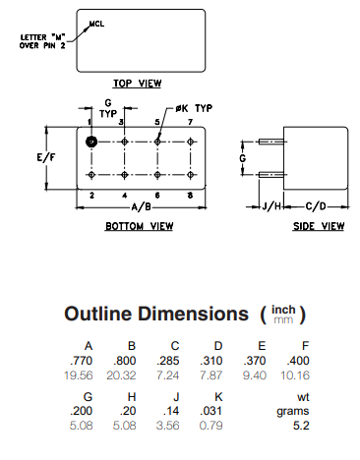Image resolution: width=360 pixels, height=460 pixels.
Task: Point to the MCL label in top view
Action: (x=96, y=22)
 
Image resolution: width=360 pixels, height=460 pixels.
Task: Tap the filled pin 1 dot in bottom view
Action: (x=91, y=142)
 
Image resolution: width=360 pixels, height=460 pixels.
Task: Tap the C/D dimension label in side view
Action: (x=315, y=206)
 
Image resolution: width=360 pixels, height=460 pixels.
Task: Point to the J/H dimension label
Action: (x=271, y=206)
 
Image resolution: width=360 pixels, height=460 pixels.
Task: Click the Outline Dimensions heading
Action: (x=155, y=315)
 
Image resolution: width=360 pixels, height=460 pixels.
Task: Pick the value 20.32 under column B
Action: (x=133, y=375)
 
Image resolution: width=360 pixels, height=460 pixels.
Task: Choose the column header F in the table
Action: (x=306, y=346)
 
